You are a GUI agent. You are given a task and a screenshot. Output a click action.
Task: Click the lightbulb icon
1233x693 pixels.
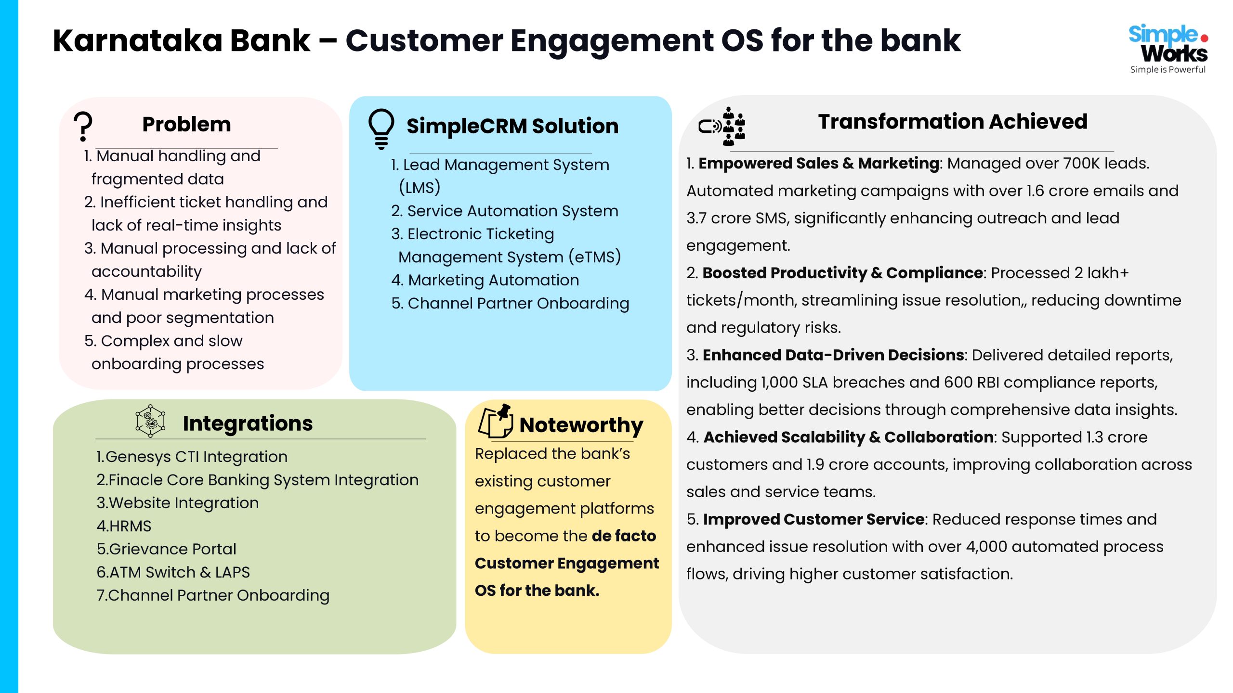(x=381, y=128)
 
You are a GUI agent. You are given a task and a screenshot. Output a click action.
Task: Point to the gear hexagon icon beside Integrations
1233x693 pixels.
(x=150, y=421)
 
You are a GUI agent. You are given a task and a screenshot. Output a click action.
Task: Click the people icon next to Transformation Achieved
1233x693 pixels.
(x=722, y=127)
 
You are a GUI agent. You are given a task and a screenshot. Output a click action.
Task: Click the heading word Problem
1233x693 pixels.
(x=186, y=125)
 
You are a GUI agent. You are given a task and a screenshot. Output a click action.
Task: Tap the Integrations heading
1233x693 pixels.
(x=248, y=423)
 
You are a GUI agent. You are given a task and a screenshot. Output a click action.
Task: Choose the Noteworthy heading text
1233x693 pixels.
(x=581, y=425)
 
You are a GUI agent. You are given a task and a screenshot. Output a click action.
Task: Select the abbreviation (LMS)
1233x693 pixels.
(x=420, y=188)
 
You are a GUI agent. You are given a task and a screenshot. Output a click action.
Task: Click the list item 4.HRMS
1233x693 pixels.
(x=124, y=526)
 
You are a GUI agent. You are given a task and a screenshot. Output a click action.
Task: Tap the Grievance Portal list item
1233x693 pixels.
(x=167, y=549)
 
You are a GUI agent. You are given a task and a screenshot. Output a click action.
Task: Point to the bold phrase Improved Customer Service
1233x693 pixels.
(x=813, y=519)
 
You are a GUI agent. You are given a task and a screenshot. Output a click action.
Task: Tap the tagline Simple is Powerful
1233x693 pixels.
(x=1167, y=69)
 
